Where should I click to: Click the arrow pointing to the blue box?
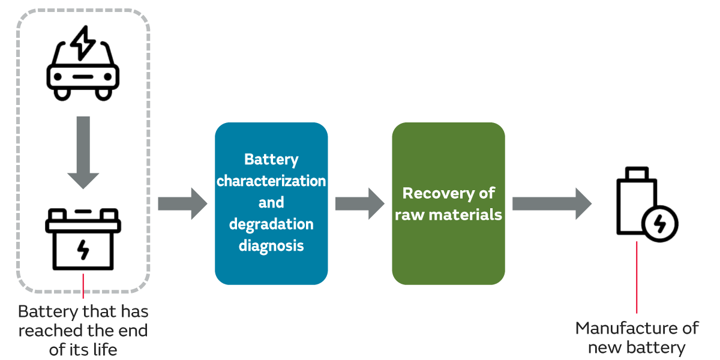click(182, 203)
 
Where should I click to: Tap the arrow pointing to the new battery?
click(551, 203)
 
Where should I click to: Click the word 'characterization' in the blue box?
click(271, 181)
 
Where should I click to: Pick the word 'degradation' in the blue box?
click(271, 224)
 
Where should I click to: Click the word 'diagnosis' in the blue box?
click(271, 245)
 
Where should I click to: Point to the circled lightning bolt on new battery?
click(659, 224)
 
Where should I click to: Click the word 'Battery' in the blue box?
click(271, 159)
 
